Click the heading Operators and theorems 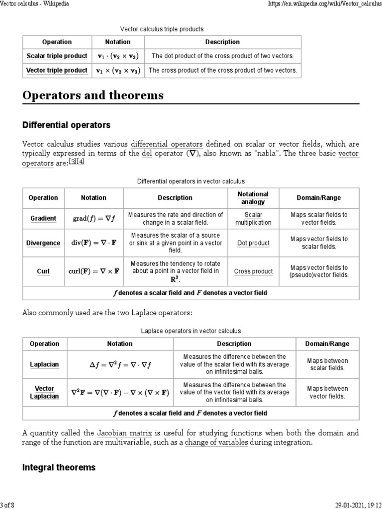93,95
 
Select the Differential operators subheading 66,125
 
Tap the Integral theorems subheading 59,468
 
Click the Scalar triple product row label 57,56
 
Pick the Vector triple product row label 57,71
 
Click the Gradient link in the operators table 43,218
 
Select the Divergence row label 43,243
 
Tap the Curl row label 43,271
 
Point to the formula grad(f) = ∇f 94,219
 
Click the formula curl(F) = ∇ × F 94,271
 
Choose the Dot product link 253,243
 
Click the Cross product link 253,271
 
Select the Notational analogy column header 253,198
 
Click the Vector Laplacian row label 44,393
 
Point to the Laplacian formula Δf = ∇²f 120,365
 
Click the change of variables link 216,443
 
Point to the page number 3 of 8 8,505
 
